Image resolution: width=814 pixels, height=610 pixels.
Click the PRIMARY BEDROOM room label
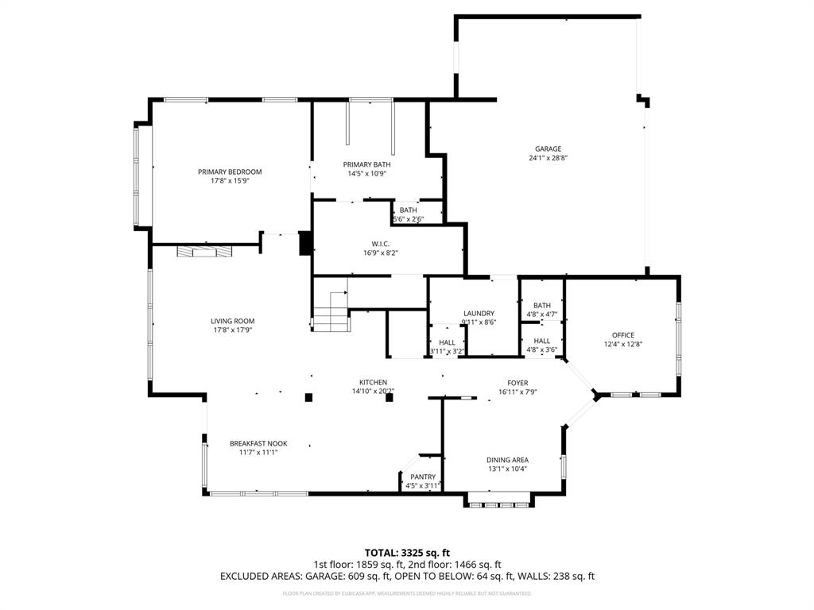[x=230, y=172]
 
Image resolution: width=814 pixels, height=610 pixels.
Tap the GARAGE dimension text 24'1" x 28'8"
[x=548, y=158]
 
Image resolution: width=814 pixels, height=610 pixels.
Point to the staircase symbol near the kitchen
[x=331, y=311]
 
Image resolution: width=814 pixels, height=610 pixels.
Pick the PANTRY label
[x=422, y=477]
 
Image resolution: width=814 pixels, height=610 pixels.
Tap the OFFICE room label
[x=622, y=334]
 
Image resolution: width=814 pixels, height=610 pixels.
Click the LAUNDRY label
[x=479, y=313]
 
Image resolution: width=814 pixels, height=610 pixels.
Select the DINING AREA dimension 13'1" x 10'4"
[x=507, y=469]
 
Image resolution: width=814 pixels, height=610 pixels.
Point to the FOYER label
[x=517, y=383]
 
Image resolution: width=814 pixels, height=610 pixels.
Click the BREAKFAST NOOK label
[x=258, y=443]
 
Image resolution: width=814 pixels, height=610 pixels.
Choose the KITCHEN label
[x=373, y=382]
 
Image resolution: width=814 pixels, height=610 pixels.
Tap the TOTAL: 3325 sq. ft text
[x=407, y=552]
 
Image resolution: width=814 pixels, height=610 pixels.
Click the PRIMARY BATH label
[x=367, y=164]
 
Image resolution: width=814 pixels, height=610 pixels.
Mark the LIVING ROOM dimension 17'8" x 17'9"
[x=232, y=330]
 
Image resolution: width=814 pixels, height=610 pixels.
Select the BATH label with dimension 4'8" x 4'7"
[x=541, y=305]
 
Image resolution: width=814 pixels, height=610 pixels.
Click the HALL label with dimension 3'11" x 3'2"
[x=447, y=342]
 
